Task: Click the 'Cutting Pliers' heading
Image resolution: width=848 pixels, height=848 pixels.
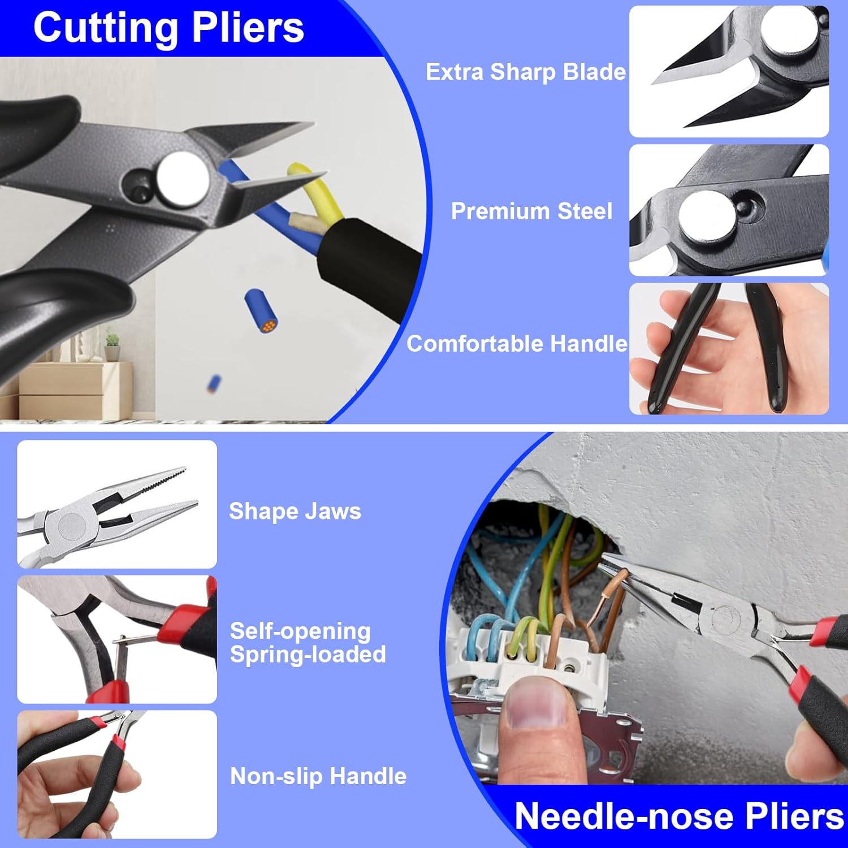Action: point(168,28)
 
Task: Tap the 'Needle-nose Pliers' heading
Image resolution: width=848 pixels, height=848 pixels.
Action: point(678,816)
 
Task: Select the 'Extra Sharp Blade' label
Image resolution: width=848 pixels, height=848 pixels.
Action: point(525,72)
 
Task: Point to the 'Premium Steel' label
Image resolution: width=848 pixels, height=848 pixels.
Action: point(531,211)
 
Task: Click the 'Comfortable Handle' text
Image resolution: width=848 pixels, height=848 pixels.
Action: point(517,344)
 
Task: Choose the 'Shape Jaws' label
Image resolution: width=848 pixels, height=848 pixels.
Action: point(295,511)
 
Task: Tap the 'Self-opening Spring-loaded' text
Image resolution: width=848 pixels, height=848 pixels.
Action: point(308,642)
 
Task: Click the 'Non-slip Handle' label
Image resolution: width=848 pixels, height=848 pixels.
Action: point(318,776)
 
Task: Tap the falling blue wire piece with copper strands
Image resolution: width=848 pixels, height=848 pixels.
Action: point(262,311)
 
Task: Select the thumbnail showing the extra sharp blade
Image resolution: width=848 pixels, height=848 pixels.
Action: point(729,72)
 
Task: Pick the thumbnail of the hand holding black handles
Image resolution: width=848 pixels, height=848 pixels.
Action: point(729,349)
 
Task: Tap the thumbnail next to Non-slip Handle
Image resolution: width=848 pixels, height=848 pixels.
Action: point(117,774)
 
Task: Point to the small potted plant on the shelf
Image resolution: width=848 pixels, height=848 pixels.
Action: point(113,345)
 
